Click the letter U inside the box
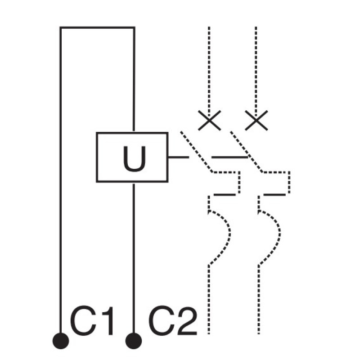pos(134,159)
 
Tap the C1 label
pos(92,320)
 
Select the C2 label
pos(173,320)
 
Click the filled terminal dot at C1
pos(61,341)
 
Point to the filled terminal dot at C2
pos(134,341)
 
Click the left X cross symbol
pos(209,120)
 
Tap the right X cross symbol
pos(256,120)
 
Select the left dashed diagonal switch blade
pos(197,152)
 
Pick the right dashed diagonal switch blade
pos(247,152)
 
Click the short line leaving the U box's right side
pos(179,157)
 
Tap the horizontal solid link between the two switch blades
pos(230,157)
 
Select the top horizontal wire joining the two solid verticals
pos(97,28)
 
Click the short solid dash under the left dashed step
pos(225,195)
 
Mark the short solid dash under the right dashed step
pos(274,195)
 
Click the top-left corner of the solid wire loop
pos(60,27)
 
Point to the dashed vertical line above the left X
pos(209,72)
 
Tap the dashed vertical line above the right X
pos(256,72)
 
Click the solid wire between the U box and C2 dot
pos(134,258)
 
